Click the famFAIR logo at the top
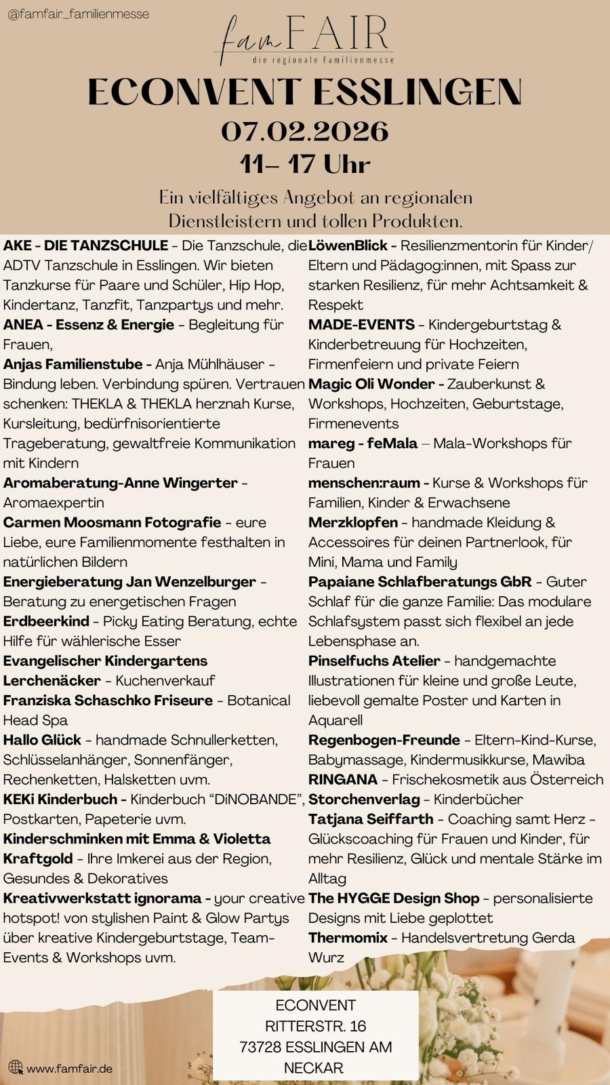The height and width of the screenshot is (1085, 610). click(x=304, y=40)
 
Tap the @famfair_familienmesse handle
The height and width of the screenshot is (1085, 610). click(x=78, y=14)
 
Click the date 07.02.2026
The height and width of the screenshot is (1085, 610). click(x=304, y=131)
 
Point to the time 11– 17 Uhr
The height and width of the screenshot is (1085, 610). click(x=304, y=164)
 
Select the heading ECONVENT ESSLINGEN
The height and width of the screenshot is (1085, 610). click(x=304, y=93)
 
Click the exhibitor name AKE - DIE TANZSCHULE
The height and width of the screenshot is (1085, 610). click(x=86, y=245)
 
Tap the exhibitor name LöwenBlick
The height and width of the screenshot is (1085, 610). click(x=348, y=245)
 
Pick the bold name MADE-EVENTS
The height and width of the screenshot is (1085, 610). click(x=361, y=325)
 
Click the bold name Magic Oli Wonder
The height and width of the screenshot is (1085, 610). click(x=371, y=384)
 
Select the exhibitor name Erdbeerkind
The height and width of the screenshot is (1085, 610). click(x=46, y=621)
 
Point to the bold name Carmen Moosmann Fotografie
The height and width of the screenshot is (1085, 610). click(x=112, y=522)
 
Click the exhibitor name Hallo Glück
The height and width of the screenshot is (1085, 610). click(x=42, y=740)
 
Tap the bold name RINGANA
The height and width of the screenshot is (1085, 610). click(x=342, y=779)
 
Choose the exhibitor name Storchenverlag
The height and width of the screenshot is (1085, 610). click(x=364, y=800)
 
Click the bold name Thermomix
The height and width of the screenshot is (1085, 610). click(x=348, y=938)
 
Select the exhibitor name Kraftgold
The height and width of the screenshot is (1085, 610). click(x=38, y=859)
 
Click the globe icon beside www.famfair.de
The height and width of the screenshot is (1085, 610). click(x=16, y=1068)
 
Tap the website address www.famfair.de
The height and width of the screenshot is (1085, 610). click(x=69, y=1069)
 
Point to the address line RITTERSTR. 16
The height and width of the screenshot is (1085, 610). click(x=315, y=1026)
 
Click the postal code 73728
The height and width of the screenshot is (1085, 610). click(x=260, y=1047)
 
